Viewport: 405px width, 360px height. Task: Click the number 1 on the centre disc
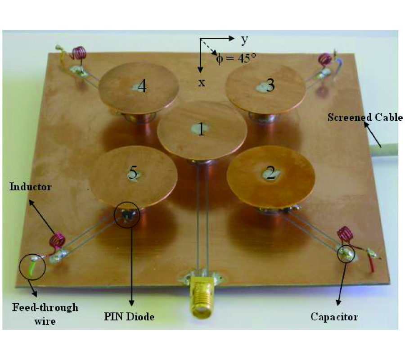pyautogui.click(x=202, y=130)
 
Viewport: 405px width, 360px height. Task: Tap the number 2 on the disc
pyautogui.click(x=271, y=173)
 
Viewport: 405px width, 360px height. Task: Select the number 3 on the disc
pyautogui.click(x=270, y=85)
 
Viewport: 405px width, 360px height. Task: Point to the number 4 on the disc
pyautogui.click(x=142, y=86)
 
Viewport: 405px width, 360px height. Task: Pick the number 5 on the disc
pyautogui.click(x=133, y=173)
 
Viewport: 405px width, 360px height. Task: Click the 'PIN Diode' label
pyautogui.click(x=129, y=317)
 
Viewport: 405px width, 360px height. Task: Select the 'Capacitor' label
pyautogui.click(x=334, y=317)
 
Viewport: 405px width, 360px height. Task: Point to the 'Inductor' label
pyautogui.click(x=31, y=187)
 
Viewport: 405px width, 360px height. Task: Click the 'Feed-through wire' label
pyautogui.click(x=45, y=314)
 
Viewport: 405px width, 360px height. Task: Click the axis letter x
pyautogui.click(x=202, y=83)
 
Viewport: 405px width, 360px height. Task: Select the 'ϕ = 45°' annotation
pyautogui.click(x=236, y=58)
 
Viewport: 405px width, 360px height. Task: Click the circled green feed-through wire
pyautogui.click(x=32, y=266)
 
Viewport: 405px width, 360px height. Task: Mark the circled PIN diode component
pyautogui.click(x=127, y=214)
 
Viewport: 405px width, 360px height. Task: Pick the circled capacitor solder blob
pyautogui.click(x=346, y=255)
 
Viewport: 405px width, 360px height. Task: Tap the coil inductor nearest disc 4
pyautogui.click(x=79, y=53)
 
